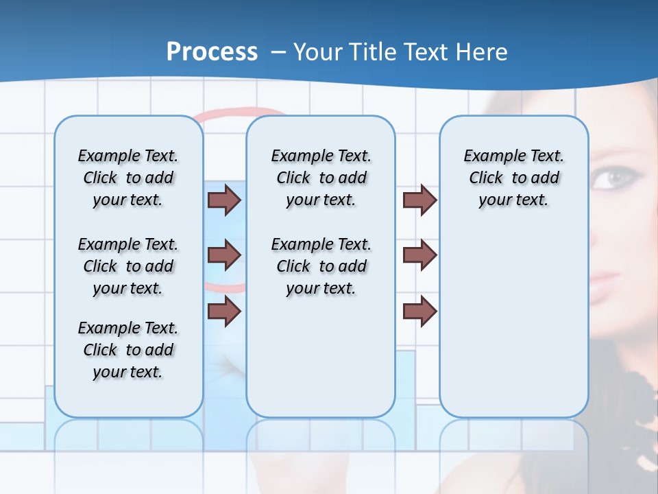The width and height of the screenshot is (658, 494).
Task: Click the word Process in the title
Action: coord(212,52)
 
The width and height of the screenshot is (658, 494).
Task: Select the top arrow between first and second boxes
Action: coord(224,200)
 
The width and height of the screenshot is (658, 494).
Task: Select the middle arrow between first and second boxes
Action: coord(224,255)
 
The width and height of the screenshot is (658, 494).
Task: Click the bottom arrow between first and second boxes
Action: coord(224,311)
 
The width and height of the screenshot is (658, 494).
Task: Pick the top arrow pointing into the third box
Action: coord(419,200)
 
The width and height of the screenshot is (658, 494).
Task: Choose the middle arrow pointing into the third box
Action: coord(419,255)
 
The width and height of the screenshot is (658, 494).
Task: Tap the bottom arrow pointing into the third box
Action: coord(419,311)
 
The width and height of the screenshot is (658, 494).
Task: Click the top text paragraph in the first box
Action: coord(128,178)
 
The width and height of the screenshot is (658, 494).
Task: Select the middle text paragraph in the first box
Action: coord(128,266)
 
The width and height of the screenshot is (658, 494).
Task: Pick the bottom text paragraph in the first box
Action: coord(128,350)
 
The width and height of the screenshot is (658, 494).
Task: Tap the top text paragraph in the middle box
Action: coord(321,178)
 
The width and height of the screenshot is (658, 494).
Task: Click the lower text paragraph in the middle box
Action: coord(321,266)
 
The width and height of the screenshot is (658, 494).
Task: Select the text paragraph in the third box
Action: coord(513,178)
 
